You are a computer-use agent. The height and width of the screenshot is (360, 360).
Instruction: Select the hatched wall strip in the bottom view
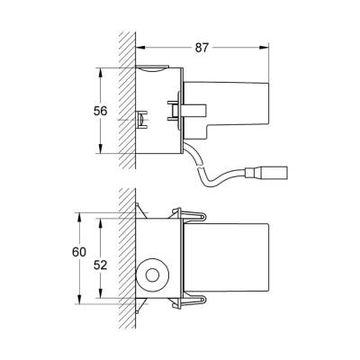click(127, 261)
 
